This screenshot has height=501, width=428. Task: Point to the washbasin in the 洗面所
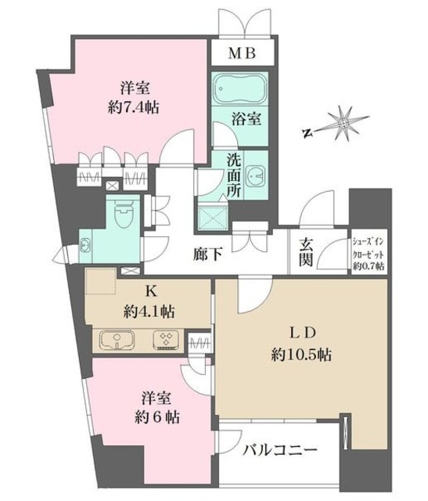(255, 175)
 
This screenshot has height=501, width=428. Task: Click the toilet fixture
(121, 212)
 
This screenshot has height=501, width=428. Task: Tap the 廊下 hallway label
(210, 254)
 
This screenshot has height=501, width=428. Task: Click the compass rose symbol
(342, 124)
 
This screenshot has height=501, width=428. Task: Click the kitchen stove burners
(167, 341)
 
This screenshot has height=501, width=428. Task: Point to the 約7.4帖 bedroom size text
(133, 108)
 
